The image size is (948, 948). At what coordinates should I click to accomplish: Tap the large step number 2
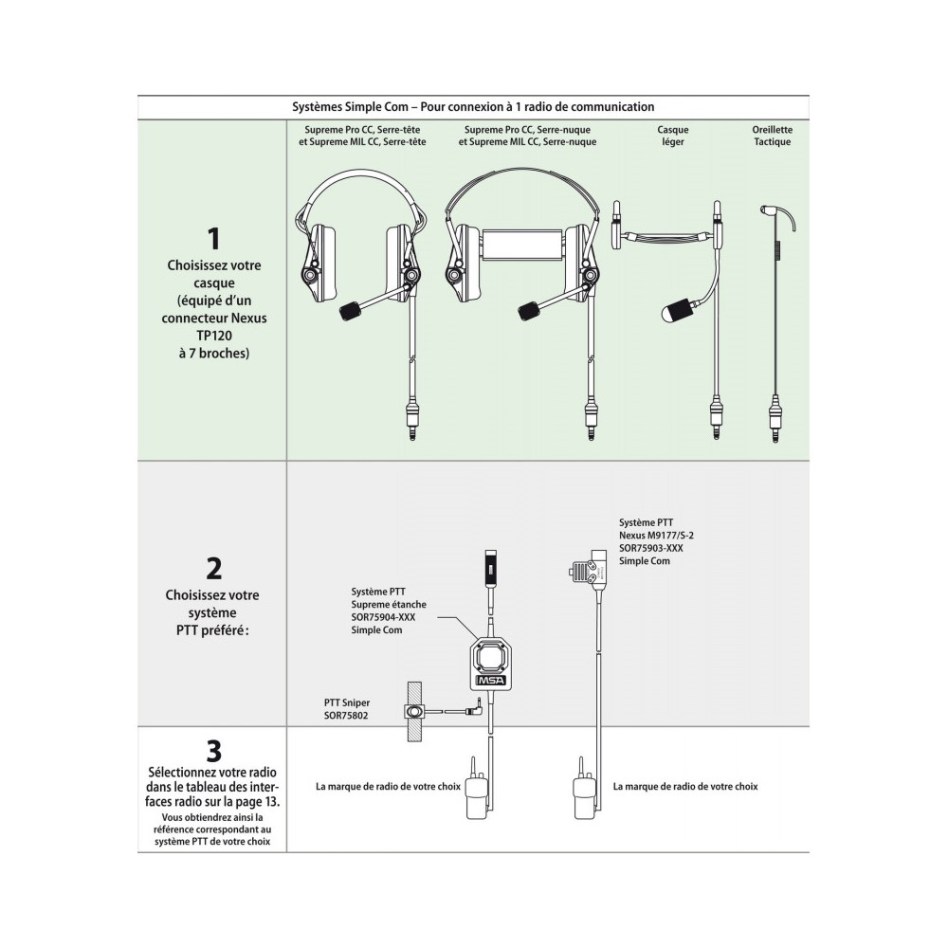point(213,568)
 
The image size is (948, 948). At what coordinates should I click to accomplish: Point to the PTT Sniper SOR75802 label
point(346,708)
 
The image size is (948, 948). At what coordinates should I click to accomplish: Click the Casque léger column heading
point(672,136)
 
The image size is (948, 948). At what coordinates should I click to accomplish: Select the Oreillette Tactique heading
point(772,136)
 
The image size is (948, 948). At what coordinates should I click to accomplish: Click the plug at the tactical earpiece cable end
point(776,417)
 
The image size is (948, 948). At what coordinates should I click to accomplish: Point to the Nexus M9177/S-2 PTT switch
point(581,572)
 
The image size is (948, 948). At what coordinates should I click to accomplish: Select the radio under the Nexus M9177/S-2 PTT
point(581,793)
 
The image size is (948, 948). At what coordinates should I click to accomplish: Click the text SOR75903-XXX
point(650,548)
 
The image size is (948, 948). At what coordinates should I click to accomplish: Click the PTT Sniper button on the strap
point(414,711)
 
